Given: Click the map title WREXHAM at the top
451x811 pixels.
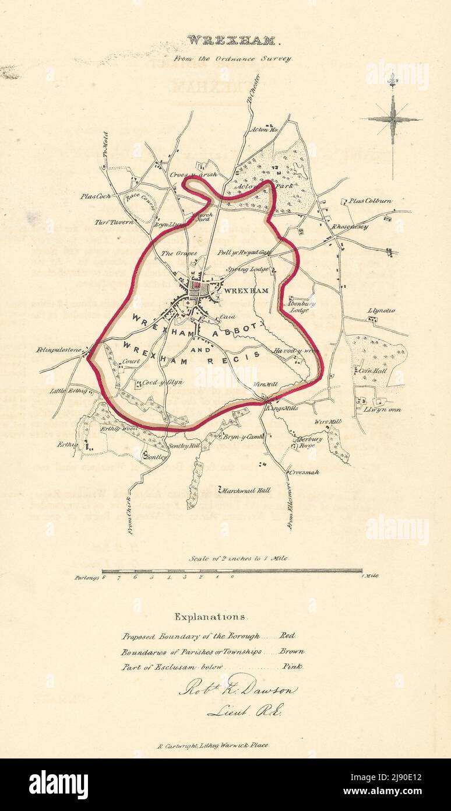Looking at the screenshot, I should (x=225, y=41).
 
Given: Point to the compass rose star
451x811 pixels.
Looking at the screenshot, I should (x=392, y=119).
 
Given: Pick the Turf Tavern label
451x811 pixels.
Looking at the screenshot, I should (x=114, y=222).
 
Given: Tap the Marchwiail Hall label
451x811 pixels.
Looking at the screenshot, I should (x=246, y=491).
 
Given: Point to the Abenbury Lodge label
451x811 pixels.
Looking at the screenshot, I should (x=300, y=307).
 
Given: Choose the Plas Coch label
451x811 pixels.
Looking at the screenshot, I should (x=96, y=197).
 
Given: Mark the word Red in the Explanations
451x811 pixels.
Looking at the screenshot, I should (x=288, y=635).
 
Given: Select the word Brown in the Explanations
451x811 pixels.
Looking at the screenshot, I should (x=291, y=651).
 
